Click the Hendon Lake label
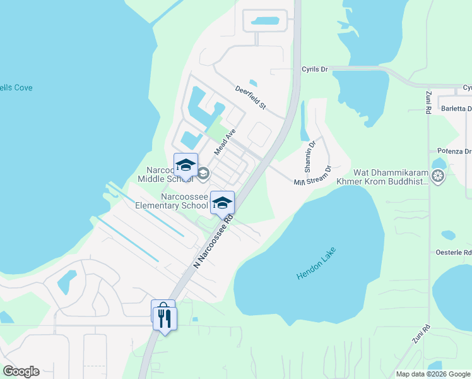tap(317, 264)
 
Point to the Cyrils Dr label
tap(315, 69)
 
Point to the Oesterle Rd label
tap(454, 252)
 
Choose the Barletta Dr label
tap(456, 109)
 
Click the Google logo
tap(21, 371)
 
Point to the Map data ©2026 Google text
tap(433, 374)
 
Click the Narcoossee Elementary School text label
tap(184, 202)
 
